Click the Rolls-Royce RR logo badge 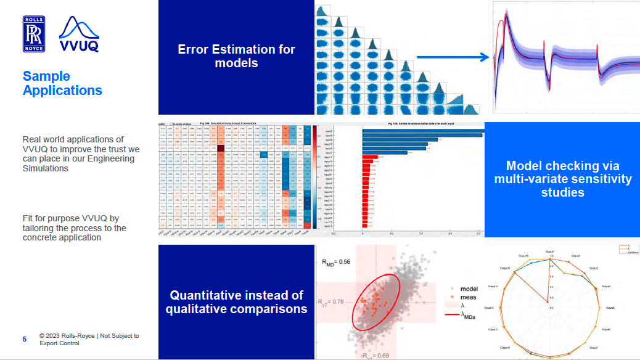pos(33,34)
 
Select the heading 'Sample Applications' pos(62,83)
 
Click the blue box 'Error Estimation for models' pos(236,56)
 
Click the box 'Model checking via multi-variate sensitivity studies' pos(562,179)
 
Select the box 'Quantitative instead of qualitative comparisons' pos(236,302)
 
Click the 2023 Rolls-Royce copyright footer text pos(89,340)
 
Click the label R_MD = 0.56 pos(336,261)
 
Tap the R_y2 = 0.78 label pos(332,302)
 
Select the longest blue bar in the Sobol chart pos(422,135)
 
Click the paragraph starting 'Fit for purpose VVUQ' pos(74,228)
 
